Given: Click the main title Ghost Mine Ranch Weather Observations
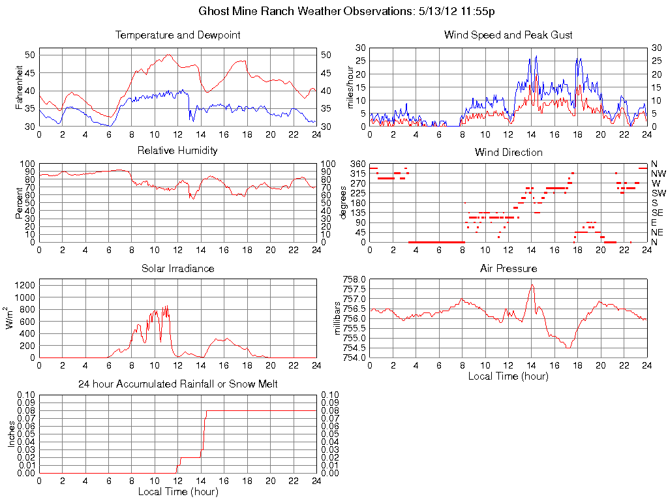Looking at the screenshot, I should point(346,12).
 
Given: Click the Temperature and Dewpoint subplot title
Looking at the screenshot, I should point(177,35).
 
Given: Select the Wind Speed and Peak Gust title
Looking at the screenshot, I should point(508,35).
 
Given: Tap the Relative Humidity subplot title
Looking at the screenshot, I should point(177,151).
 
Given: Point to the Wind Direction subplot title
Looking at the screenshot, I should point(508,152).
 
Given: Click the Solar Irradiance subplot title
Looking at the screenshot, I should point(177,268).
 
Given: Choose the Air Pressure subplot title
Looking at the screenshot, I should point(508,268).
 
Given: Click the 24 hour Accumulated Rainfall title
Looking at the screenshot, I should point(177,384).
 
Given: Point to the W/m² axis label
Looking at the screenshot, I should point(11,318).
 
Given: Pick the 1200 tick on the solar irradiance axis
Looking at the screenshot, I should point(24,285).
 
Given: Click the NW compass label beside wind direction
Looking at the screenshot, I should point(658,174).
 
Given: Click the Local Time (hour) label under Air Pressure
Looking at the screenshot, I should point(508,376).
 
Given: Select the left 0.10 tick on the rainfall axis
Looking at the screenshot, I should point(26,395).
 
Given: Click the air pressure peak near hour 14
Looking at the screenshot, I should point(532,284).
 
